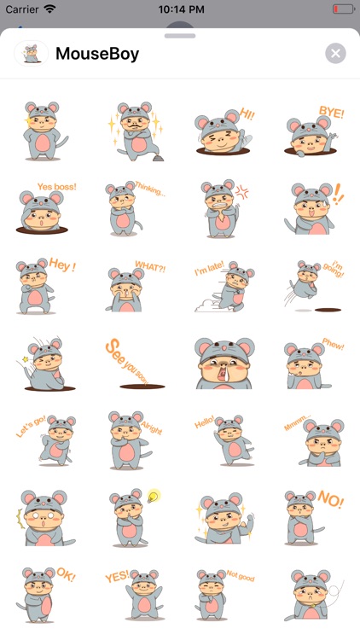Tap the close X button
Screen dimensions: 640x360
(x=335, y=54)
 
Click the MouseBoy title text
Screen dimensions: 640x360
(x=97, y=54)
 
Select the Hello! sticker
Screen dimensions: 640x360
(x=224, y=440)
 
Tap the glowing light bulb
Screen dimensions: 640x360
(x=154, y=496)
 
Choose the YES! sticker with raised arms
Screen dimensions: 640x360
(x=130, y=592)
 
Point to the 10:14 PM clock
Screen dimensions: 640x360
(x=180, y=9)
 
